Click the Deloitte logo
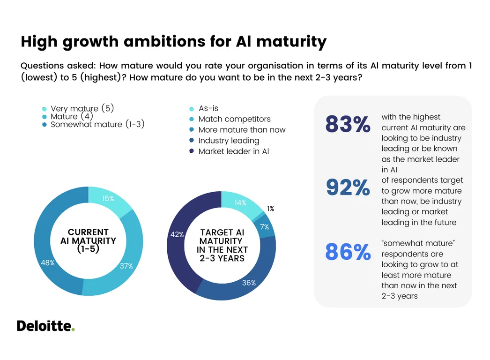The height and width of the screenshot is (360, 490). click(45, 326)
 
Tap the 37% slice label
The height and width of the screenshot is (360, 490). click(126, 266)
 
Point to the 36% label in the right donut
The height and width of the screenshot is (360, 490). click(249, 283)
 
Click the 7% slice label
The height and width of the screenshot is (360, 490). click(265, 227)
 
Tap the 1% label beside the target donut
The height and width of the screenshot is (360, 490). click(271, 209)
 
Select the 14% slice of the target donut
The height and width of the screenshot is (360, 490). click(240, 203)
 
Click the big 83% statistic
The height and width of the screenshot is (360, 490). click(348, 125)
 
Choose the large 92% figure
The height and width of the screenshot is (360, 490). click(348, 187)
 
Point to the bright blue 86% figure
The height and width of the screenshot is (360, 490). click(348, 252)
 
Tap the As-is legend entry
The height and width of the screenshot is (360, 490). click(208, 108)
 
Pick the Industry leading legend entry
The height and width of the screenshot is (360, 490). click(229, 141)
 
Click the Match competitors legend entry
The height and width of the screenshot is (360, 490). click(234, 119)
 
